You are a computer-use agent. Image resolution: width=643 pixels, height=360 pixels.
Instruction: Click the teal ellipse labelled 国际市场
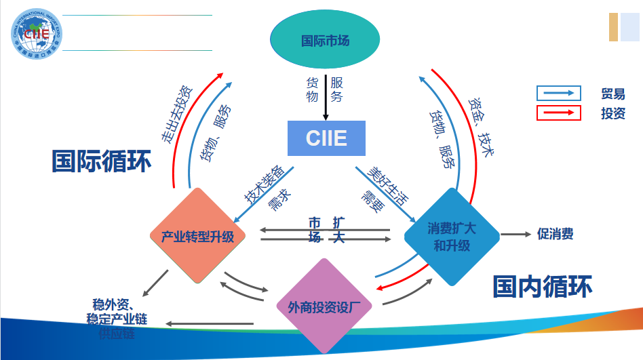point(325,41)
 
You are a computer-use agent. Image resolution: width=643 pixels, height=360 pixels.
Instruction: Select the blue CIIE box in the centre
point(326,138)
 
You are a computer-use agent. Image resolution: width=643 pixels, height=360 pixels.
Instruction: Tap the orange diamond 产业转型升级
point(197,237)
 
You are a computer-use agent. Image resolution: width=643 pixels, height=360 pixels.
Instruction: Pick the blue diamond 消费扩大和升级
point(452,236)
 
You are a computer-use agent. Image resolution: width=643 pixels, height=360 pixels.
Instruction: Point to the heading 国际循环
point(102,161)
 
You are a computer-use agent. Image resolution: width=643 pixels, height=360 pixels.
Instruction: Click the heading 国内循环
point(542,286)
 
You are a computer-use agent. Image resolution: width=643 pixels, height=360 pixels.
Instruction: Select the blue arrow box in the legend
point(558,94)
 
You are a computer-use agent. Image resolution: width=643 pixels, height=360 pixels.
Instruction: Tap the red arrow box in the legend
point(558,113)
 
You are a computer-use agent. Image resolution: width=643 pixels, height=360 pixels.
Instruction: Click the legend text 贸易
point(612,94)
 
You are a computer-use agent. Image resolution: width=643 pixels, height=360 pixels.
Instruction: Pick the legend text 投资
point(612,113)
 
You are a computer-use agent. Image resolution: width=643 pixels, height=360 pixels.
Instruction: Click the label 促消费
point(556,234)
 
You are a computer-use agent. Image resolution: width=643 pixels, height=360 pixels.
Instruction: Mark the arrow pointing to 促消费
point(515,235)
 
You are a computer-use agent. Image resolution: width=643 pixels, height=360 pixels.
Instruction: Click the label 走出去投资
point(176,114)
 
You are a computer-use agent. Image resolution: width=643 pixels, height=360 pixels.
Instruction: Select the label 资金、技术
point(480,126)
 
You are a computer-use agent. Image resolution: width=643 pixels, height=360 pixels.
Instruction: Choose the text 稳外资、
point(117,303)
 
